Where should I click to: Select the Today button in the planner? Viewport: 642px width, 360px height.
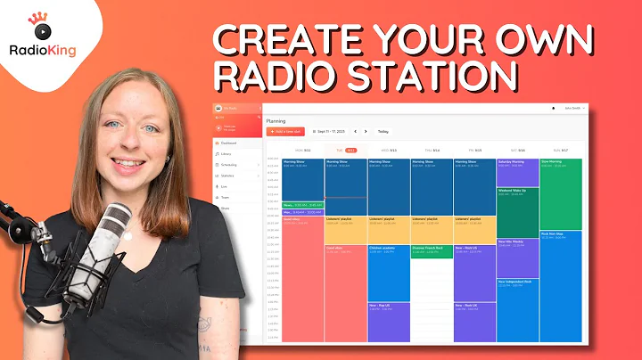383,131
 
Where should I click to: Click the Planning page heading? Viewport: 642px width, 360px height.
277,119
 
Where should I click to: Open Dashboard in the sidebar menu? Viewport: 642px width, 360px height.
229,143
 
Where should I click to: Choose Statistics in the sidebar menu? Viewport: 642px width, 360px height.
229,176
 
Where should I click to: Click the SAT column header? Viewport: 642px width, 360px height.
517,151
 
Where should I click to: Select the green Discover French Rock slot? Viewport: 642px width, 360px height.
432,251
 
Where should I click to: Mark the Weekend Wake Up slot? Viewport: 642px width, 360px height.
517,200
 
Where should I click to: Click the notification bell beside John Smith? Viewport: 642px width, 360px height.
555,107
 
